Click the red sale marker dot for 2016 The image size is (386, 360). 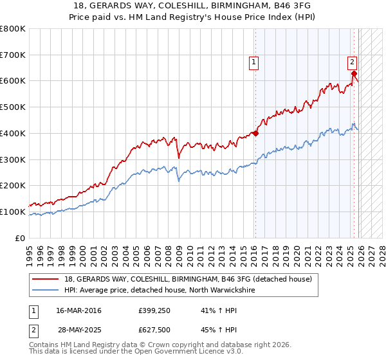[x=255, y=134]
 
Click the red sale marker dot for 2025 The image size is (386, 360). [x=354, y=74]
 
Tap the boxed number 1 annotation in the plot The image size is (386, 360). [x=254, y=62]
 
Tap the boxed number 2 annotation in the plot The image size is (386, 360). [x=353, y=62]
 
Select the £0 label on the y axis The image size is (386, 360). [x=21, y=238]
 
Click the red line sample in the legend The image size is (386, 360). [x=47, y=279]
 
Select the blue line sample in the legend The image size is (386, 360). [x=47, y=291]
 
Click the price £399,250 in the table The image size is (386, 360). [x=154, y=310]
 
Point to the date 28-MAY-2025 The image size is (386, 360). [x=79, y=330]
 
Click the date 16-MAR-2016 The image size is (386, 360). [x=79, y=310]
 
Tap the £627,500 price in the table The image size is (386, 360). [x=154, y=330]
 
